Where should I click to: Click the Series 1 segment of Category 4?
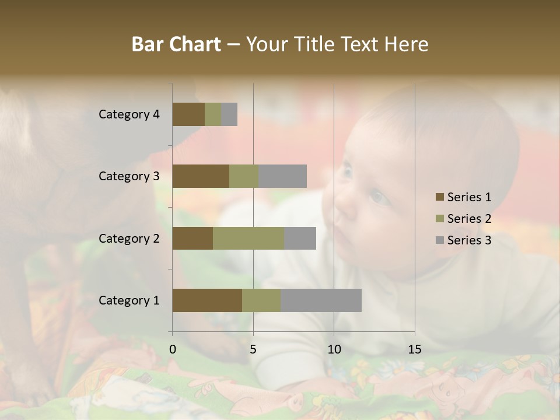click(x=188, y=114)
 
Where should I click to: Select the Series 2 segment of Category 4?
click(x=213, y=114)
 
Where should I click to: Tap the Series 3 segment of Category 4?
click(x=229, y=114)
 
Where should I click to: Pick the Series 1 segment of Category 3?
click(x=201, y=176)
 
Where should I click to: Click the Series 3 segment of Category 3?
click(x=282, y=176)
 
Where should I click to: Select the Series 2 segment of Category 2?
click(x=249, y=238)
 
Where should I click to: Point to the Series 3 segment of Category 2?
click(x=300, y=238)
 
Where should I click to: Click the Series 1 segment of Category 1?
click(x=207, y=300)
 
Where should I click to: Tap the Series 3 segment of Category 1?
click(x=321, y=300)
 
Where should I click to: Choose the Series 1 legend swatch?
click(x=439, y=197)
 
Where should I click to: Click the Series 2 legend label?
click(x=469, y=219)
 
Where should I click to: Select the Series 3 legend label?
click(x=469, y=240)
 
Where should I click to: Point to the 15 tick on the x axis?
click(x=414, y=349)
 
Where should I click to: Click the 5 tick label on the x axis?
click(x=253, y=349)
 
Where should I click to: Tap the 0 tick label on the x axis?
click(x=173, y=349)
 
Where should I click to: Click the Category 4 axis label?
click(x=129, y=114)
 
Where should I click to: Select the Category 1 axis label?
click(x=129, y=300)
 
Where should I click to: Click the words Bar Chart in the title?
click(x=176, y=44)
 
